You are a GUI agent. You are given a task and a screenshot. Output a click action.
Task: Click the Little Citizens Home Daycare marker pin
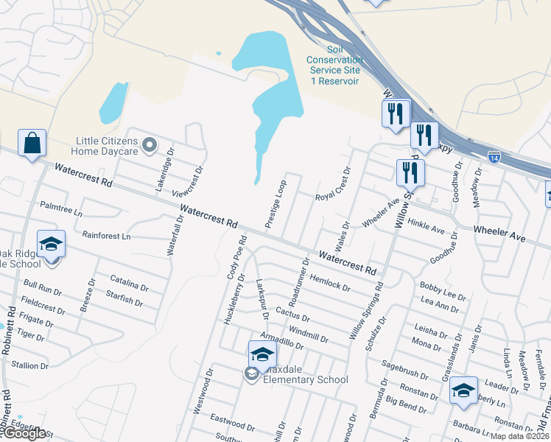click(x=150, y=144)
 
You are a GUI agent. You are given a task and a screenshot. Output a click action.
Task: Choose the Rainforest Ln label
click(x=106, y=236)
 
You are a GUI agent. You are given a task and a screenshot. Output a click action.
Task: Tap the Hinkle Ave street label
click(x=426, y=225)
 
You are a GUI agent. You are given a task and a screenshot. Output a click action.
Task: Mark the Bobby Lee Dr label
click(x=442, y=291)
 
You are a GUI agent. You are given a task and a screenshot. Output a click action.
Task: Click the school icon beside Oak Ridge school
click(x=51, y=245)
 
